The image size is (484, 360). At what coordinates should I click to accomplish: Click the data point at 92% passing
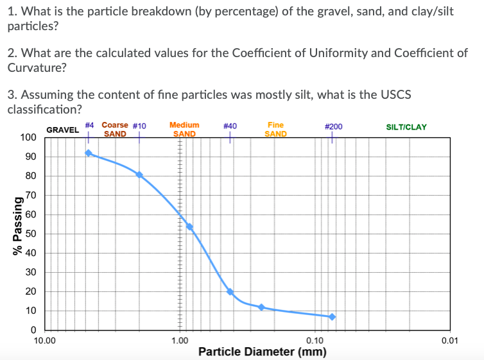point(89,153)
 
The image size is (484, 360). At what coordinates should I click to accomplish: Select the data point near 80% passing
point(139,175)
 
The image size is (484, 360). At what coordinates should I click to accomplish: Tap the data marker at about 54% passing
point(189,227)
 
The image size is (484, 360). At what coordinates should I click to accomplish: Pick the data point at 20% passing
point(230,292)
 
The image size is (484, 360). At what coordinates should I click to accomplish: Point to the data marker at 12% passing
point(261,307)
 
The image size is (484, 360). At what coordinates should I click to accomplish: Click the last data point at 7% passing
point(332,316)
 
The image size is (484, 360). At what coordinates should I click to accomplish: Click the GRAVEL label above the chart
point(62,130)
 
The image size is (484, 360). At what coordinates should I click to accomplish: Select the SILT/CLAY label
point(406,127)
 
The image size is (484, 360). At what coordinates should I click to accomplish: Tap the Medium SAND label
point(184,130)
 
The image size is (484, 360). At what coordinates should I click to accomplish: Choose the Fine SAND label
point(275,130)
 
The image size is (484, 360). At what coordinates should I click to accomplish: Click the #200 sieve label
point(334,126)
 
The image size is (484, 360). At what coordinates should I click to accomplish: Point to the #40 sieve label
point(230,126)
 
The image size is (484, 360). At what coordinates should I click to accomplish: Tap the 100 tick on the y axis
point(28,137)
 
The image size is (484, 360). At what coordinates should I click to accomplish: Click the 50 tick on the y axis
point(30,234)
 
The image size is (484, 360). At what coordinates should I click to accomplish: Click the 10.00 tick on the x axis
point(44,341)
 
